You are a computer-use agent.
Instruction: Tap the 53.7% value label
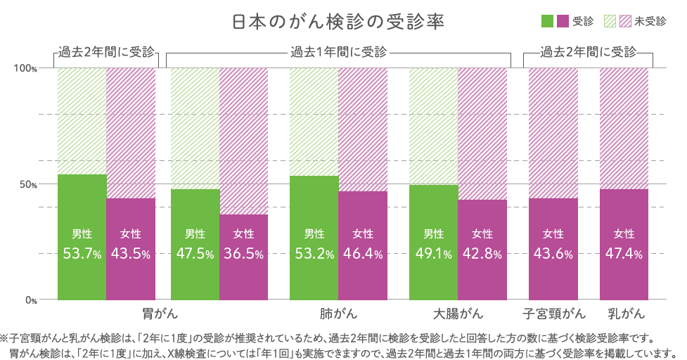(x=82, y=255)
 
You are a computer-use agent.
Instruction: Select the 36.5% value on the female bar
(x=244, y=255)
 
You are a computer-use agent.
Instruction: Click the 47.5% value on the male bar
(x=195, y=255)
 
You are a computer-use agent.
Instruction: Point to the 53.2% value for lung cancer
(x=314, y=255)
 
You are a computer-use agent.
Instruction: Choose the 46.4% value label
(x=363, y=255)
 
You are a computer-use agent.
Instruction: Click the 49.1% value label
(x=433, y=255)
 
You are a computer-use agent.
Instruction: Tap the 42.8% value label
(x=482, y=255)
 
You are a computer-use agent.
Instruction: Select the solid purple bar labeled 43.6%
(x=553, y=249)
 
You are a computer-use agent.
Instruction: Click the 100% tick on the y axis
(x=26, y=68)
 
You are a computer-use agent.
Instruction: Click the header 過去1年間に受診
(x=338, y=52)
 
